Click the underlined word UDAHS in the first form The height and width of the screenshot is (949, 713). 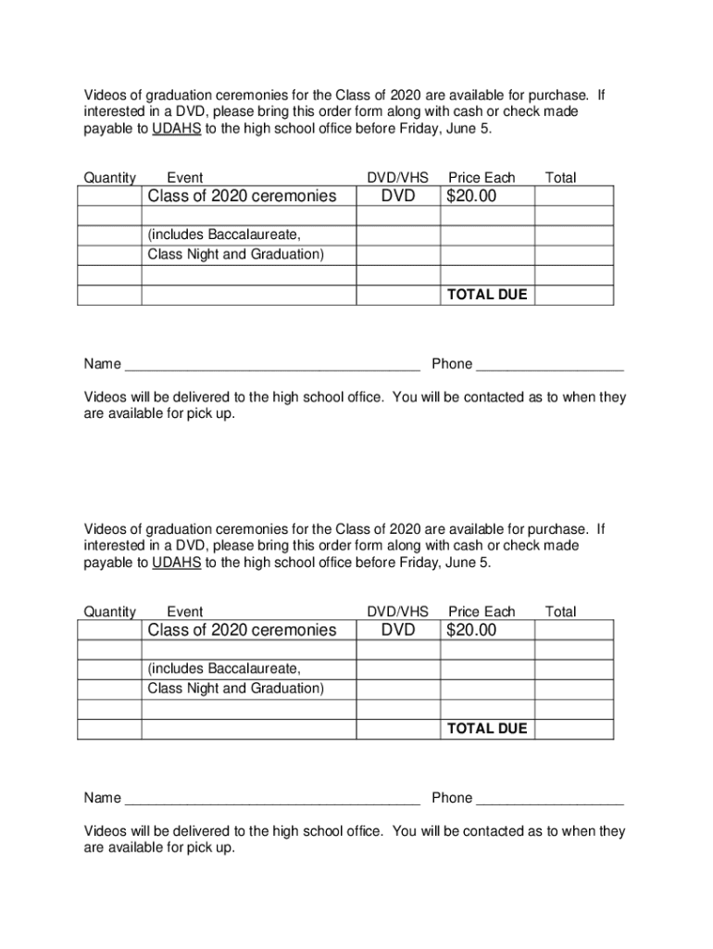(x=176, y=129)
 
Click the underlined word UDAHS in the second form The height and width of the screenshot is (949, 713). (x=176, y=563)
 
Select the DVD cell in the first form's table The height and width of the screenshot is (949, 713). (x=398, y=196)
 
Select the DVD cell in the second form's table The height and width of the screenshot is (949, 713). (x=398, y=630)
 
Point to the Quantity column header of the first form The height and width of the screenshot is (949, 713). (x=110, y=178)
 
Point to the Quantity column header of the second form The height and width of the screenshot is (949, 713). (x=110, y=612)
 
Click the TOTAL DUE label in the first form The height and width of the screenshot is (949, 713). (x=487, y=295)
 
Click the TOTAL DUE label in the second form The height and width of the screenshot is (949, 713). (x=487, y=728)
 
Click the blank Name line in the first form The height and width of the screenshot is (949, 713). (x=272, y=366)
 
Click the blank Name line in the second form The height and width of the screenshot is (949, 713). (x=272, y=800)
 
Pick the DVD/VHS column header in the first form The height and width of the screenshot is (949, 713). (x=398, y=178)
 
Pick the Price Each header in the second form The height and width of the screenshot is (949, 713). (x=482, y=612)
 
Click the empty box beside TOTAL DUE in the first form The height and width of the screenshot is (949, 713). (x=573, y=295)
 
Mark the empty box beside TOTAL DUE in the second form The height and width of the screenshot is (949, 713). (x=573, y=728)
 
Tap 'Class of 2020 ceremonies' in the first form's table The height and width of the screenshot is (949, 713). (x=242, y=196)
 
